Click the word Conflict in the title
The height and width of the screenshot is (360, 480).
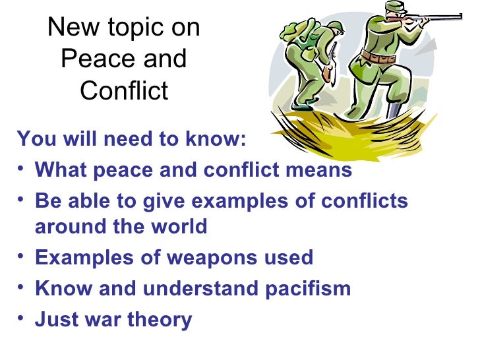[124, 90]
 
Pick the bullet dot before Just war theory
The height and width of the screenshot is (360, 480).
[22, 320]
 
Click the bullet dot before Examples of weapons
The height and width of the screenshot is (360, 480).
[22, 258]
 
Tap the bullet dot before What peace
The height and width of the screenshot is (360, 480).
[22, 171]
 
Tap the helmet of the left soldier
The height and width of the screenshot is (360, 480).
[335, 27]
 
